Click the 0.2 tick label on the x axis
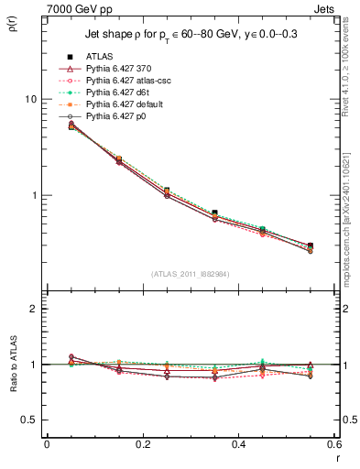click(142, 444)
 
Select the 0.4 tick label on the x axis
click(238, 444)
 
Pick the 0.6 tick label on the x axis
click(333, 444)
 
